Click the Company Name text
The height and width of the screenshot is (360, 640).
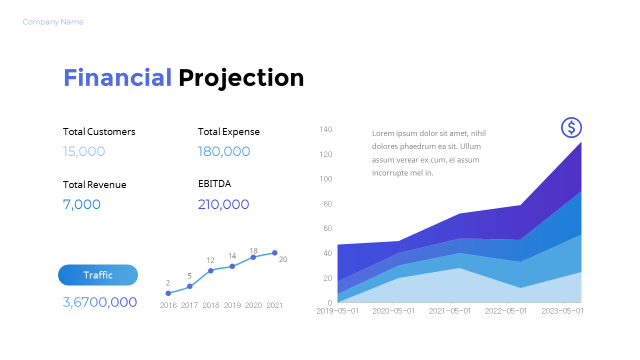(x=53, y=22)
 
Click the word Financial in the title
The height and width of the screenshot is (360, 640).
(x=117, y=78)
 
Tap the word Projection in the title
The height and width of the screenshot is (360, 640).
(x=241, y=78)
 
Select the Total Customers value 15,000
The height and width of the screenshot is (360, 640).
(x=84, y=151)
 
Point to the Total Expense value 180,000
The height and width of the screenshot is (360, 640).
(x=224, y=151)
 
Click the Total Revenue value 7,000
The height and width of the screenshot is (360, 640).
(x=82, y=204)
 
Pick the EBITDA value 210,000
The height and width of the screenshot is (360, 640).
(x=223, y=204)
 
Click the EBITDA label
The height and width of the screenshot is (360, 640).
(x=214, y=183)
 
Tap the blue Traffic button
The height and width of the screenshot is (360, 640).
(x=98, y=275)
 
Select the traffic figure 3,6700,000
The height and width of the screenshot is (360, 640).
(x=100, y=302)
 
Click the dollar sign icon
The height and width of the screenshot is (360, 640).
(x=571, y=127)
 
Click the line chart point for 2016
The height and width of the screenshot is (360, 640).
(x=168, y=293)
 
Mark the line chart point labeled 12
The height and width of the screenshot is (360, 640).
(x=210, y=270)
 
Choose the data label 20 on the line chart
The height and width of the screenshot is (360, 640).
(x=283, y=259)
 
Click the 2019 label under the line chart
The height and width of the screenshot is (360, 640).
(x=232, y=305)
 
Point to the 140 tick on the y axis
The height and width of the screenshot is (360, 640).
(x=326, y=129)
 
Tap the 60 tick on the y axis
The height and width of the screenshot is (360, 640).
(x=327, y=228)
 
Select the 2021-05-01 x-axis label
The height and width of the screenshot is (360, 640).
(x=450, y=311)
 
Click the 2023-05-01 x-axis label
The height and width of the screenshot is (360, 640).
(x=562, y=311)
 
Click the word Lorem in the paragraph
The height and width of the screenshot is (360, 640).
(x=383, y=133)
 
